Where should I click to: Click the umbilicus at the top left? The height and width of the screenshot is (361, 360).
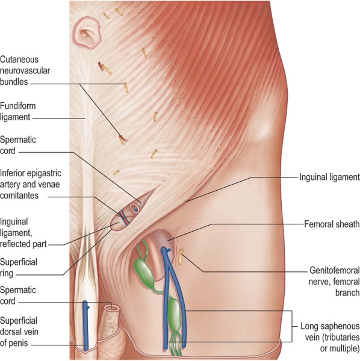tap(87, 32)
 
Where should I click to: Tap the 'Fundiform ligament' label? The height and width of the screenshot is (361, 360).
tap(18, 111)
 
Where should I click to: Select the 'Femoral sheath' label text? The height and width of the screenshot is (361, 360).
tap(332, 224)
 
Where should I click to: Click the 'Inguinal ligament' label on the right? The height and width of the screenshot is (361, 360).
tap(329, 177)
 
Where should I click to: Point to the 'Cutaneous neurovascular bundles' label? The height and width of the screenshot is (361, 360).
tap(25, 70)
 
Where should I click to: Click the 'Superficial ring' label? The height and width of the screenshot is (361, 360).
tap(19, 268)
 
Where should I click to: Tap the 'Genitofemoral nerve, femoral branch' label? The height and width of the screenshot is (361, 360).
tap(334, 282)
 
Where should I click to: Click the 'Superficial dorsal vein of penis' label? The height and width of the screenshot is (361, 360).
tap(19, 332)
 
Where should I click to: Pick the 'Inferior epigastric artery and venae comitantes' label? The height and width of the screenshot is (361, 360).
tap(31, 184)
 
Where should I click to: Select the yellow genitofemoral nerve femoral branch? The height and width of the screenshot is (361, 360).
tap(181, 256)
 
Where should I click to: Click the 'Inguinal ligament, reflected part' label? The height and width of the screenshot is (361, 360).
tap(23, 233)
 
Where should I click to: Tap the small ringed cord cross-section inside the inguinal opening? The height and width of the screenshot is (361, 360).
tap(134, 208)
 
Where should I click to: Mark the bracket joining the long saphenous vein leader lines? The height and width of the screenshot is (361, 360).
tap(292, 326)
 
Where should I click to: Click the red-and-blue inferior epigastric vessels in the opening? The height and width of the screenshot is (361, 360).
tap(125, 217)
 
